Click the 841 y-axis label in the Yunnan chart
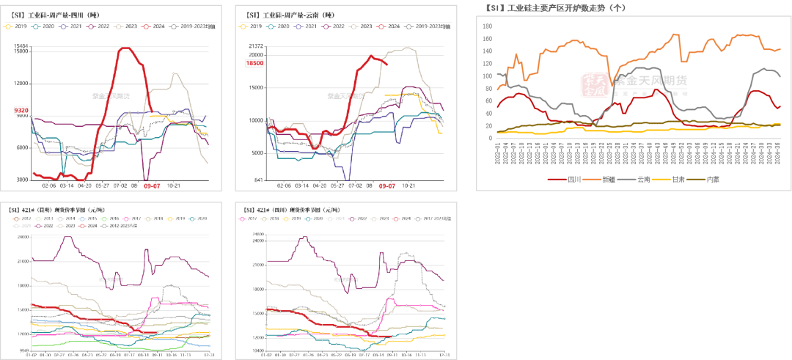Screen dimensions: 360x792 pos(258,180)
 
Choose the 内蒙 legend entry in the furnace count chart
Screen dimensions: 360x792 pos(717,180)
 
